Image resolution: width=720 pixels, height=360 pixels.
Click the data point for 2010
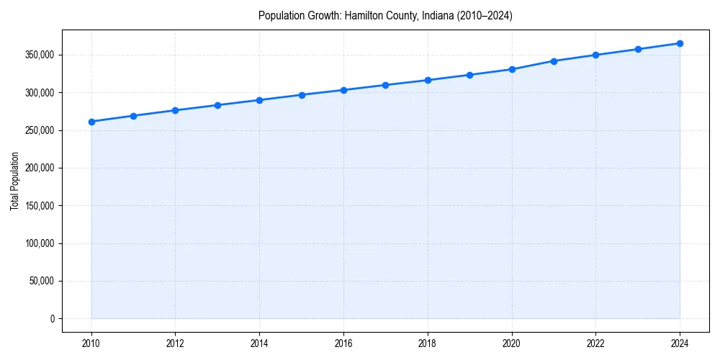(x=91, y=122)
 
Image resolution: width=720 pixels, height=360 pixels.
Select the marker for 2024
(x=680, y=43)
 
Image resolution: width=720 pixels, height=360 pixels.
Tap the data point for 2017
(x=385, y=85)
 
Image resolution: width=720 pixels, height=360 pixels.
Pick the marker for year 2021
(x=554, y=61)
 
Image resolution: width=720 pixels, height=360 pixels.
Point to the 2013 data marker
(x=217, y=105)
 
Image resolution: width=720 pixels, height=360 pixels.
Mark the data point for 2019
(x=469, y=75)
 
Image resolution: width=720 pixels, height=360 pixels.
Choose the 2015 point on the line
(x=302, y=95)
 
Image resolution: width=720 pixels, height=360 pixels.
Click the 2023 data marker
(x=638, y=49)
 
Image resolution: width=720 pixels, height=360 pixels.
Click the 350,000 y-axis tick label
(x=39, y=55)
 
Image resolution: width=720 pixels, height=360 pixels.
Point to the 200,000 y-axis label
(x=39, y=168)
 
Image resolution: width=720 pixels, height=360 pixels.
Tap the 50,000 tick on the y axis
(x=41, y=281)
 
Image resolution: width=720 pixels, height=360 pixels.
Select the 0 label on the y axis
(x=52, y=318)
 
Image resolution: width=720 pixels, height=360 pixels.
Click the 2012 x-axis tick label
(x=176, y=343)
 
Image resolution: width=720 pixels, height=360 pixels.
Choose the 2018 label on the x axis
(x=428, y=343)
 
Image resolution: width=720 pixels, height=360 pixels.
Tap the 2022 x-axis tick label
(x=595, y=343)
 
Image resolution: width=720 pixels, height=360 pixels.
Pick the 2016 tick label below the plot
(x=343, y=343)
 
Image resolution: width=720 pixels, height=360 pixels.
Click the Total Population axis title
(x=14, y=181)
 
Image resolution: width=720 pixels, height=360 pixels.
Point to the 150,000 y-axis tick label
(x=39, y=206)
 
